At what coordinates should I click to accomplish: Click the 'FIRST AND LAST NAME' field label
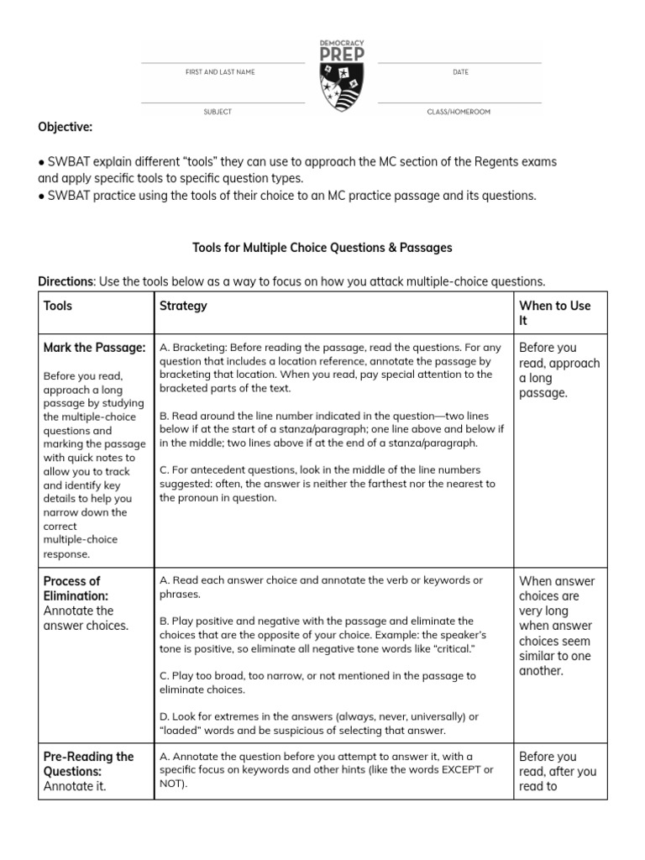[x=220, y=72]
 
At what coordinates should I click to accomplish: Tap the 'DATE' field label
[x=460, y=72]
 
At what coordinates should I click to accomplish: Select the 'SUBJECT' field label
[x=217, y=112]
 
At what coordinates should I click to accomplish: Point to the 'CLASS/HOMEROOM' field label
[x=459, y=112]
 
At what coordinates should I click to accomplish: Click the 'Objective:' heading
[x=65, y=127]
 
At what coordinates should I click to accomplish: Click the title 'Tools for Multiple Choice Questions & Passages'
[x=322, y=248]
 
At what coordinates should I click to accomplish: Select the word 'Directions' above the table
[x=66, y=281]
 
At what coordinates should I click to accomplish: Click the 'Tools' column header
[x=58, y=307]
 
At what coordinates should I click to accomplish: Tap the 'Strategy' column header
[x=183, y=307]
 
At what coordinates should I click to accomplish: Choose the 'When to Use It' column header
[x=554, y=313]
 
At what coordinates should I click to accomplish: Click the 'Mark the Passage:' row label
[x=94, y=348]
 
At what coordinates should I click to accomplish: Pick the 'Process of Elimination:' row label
[x=71, y=588]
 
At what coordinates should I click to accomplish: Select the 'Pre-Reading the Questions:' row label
[x=88, y=763]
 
